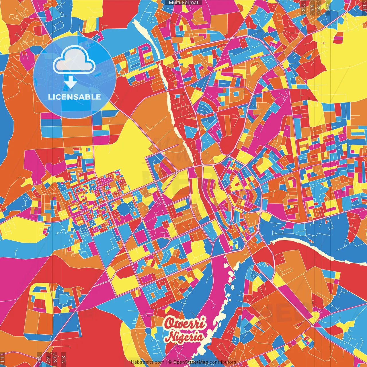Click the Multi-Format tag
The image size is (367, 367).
click(x=183, y=3)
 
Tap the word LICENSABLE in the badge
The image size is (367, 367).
click(x=75, y=97)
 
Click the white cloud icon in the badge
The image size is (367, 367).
click(x=74, y=62)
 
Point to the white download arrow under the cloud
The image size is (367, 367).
click(x=70, y=83)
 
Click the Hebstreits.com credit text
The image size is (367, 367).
click(x=147, y=362)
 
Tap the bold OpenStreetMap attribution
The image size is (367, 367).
click(x=191, y=362)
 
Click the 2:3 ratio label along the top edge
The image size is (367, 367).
click(x=303, y=7)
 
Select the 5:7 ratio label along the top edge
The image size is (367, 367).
click(x=312, y=7)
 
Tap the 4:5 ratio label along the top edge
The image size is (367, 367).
click(x=328, y=7)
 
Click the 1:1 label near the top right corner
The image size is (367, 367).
click(x=364, y=7)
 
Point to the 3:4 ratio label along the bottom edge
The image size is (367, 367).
click(x=48, y=359)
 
